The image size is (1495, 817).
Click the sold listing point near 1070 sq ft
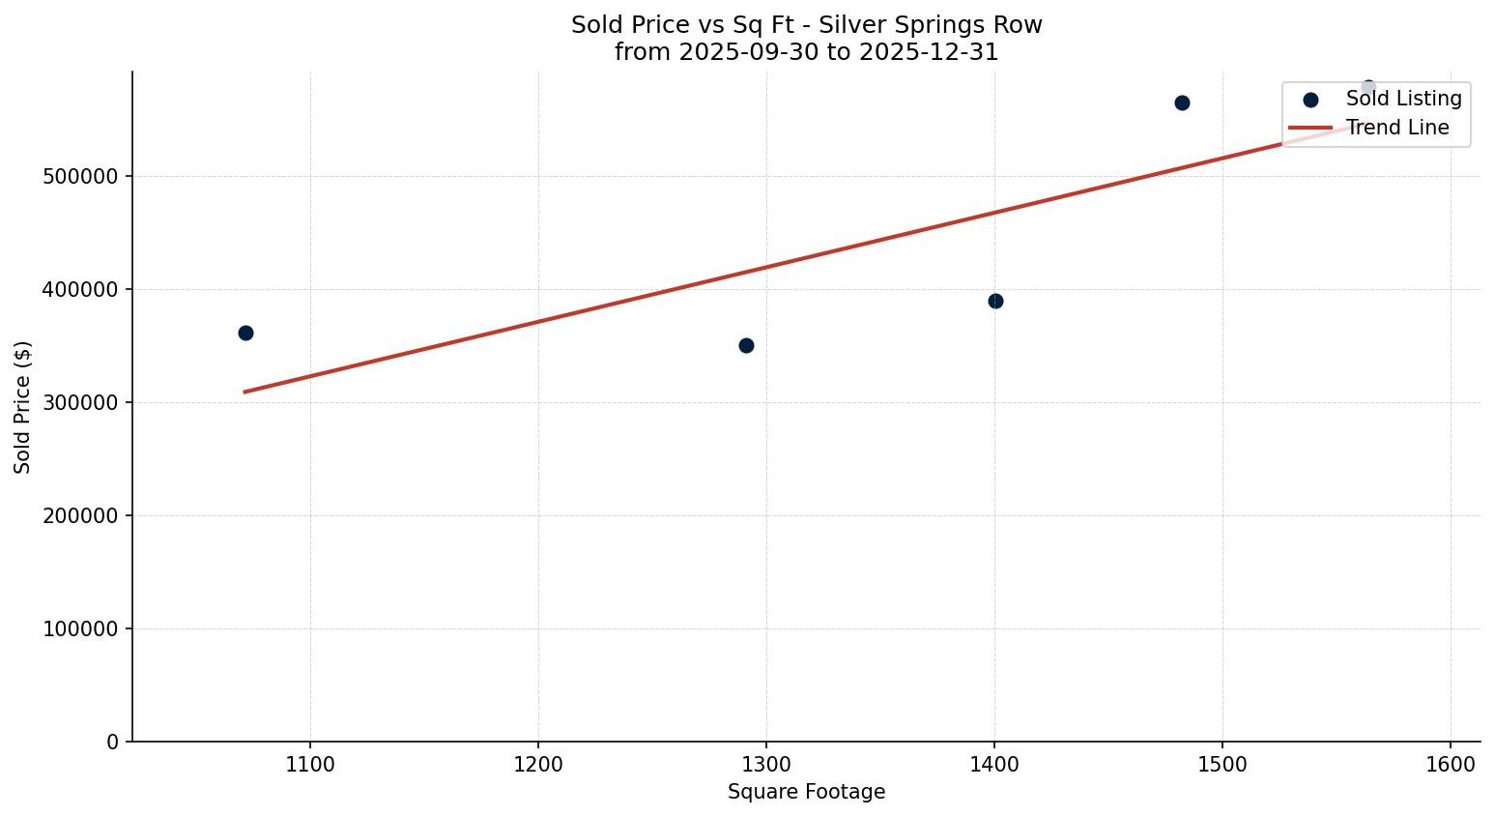pyautogui.click(x=245, y=334)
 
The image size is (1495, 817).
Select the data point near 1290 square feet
pyautogui.click(x=746, y=346)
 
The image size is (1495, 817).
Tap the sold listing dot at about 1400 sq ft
pyautogui.click(x=995, y=302)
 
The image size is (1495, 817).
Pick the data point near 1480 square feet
pyautogui.click(x=1182, y=103)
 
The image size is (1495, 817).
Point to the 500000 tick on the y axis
pyautogui.click(x=81, y=177)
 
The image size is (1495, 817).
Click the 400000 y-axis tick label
pyautogui.click(x=81, y=290)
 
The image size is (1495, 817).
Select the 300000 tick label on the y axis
pyautogui.click(x=81, y=403)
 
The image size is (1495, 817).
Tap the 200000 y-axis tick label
pyautogui.click(x=81, y=516)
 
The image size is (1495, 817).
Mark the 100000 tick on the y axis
pyautogui.click(x=81, y=629)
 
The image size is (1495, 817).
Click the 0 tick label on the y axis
pyautogui.click(x=113, y=743)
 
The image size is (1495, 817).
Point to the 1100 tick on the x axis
pyautogui.click(x=310, y=765)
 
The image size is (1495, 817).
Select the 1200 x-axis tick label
pyautogui.click(x=538, y=765)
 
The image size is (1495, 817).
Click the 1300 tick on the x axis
pyautogui.click(x=766, y=765)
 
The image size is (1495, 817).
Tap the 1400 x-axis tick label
pyautogui.click(x=994, y=765)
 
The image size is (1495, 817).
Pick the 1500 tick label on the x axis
pyautogui.click(x=1222, y=765)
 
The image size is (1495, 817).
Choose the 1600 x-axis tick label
pyautogui.click(x=1451, y=765)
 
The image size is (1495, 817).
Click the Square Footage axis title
pyautogui.click(x=806, y=793)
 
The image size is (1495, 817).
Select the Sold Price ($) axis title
pyautogui.click(x=23, y=407)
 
